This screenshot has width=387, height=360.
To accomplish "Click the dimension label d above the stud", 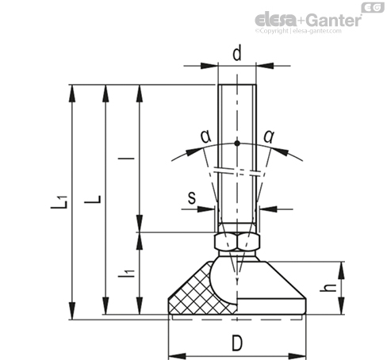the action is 237,53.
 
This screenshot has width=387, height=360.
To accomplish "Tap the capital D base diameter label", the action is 237,343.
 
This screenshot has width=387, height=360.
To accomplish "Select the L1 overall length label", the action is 59,202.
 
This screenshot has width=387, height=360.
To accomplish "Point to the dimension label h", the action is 328,288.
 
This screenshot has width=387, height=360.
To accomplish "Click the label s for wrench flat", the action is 192,197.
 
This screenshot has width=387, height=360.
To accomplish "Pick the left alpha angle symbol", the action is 206,136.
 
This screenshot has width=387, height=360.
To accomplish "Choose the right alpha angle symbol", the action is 269,136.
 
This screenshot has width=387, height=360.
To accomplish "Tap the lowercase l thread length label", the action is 126,159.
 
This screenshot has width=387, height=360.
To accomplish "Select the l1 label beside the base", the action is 127,274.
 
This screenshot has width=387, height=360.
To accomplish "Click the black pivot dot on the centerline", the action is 237,144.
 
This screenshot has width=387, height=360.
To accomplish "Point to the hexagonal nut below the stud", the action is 237,241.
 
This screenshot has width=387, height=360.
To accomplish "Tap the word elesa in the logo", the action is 276,20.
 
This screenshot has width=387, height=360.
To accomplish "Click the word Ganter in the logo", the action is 334,20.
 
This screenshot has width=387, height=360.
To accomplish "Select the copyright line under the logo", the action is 298,31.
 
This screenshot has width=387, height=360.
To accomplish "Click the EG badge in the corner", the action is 373,7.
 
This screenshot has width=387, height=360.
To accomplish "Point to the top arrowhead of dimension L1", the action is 72,93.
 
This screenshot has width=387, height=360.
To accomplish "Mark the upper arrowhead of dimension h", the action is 341,270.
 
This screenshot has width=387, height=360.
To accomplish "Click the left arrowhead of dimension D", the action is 177,356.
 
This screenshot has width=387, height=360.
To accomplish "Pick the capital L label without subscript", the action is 93,199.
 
